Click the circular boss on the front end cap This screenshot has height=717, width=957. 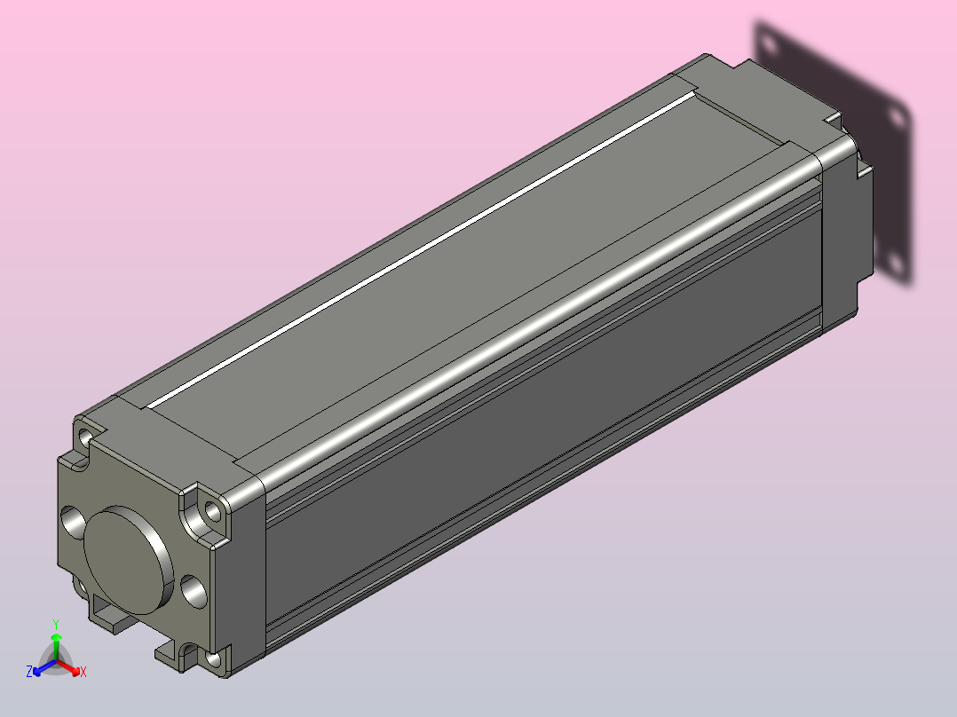[127, 560]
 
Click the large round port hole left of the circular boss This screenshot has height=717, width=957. [73, 522]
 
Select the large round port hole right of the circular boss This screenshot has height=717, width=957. [194, 591]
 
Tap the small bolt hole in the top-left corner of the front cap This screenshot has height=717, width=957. [85, 437]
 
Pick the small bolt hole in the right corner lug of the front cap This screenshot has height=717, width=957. [212, 511]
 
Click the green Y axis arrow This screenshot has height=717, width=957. [56, 647]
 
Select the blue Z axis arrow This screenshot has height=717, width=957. [44, 667]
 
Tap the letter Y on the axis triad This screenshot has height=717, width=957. [56, 624]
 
